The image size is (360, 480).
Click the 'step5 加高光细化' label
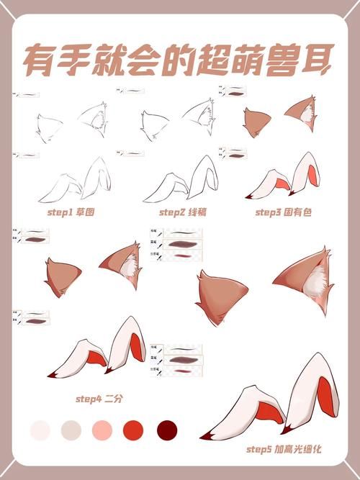(283, 449)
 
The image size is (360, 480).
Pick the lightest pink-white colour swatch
(40, 430)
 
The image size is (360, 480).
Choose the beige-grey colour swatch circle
(71, 430)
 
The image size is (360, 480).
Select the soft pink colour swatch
(102, 430)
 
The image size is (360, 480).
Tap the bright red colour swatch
(133, 430)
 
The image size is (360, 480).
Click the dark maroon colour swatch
(167, 430)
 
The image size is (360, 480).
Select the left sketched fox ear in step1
(49, 128)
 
